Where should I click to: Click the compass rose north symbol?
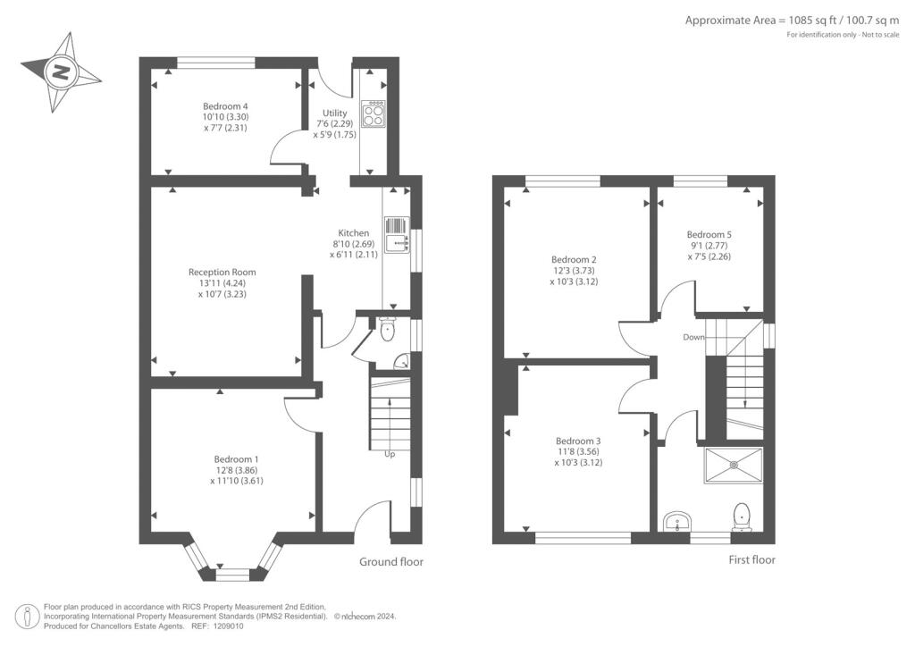coord(61,72)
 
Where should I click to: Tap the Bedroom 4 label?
coord(225,106)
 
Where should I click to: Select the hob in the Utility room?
coord(374,113)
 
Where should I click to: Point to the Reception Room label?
coord(222,272)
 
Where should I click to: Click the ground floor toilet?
coord(387,330)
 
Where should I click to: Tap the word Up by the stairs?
coord(390,453)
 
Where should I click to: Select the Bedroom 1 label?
coord(236,459)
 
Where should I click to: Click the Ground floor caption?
coord(391,562)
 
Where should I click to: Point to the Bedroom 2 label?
coord(574,260)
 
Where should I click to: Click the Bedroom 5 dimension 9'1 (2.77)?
coord(708,246)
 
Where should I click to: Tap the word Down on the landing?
coord(693,337)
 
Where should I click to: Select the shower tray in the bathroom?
coord(734,466)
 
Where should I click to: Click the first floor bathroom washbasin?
coord(677,521)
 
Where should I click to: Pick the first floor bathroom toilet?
coord(741,517)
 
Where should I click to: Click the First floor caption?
coord(751,560)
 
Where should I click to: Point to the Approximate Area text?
coord(792,21)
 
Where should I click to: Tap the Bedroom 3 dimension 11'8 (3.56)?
coord(578,451)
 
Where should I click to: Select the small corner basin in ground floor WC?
coord(402,362)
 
